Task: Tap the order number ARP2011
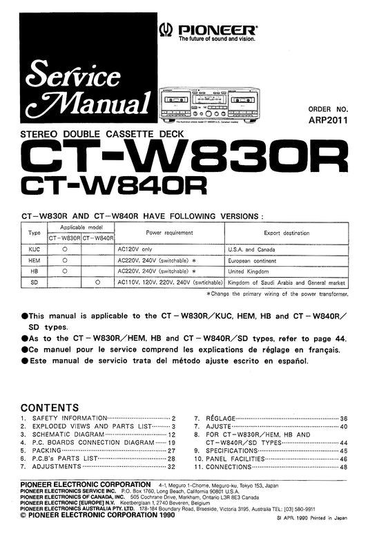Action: [328, 119]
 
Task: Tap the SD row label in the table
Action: [34, 283]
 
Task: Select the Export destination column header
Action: [291, 233]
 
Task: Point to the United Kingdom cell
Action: [249, 271]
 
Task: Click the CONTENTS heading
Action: [50, 408]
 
